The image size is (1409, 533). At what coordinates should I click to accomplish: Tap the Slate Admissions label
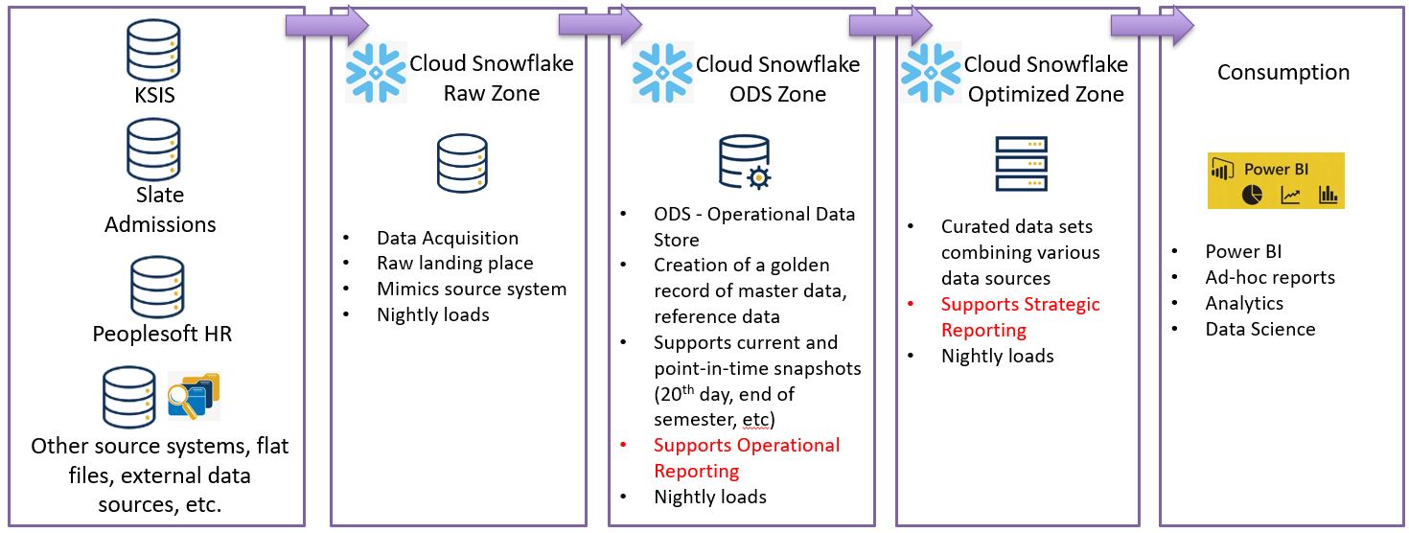(159, 210)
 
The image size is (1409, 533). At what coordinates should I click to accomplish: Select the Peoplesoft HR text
(162, 335)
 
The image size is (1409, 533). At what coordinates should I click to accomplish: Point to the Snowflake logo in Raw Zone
(376, 73)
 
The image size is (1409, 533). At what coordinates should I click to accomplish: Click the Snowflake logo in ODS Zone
(662, 73)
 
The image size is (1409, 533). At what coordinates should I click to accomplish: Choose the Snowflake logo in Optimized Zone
(930, 73)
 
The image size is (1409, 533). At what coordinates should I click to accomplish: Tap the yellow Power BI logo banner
(1276, 180)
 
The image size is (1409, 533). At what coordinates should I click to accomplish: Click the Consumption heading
(1282, 73)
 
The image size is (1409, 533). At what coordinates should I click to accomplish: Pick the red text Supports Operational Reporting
(746, 458)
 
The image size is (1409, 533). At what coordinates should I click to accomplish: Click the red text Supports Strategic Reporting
(1020, 317)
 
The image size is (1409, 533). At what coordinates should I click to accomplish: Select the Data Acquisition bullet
(447, 238)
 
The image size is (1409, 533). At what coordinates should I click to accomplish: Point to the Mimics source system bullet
(471, 289)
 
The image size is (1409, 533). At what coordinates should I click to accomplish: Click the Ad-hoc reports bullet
(1269, 277)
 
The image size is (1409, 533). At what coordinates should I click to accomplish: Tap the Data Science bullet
(1259, 329)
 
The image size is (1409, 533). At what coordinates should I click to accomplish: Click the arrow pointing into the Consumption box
(1152, 25)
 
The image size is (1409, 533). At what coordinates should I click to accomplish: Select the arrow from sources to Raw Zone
(327, 25)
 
